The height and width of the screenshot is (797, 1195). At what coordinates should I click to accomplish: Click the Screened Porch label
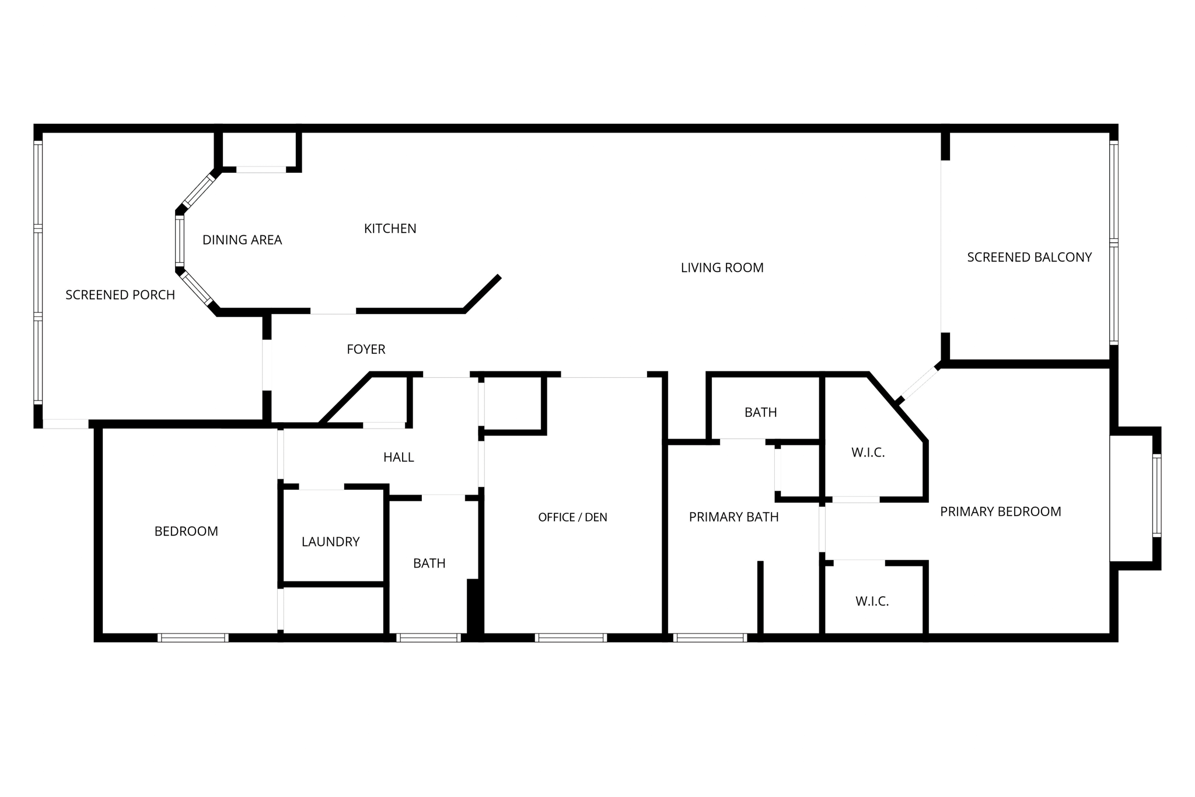(x=120, y=295)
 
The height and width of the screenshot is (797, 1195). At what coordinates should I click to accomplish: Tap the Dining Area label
(x=242, y=240)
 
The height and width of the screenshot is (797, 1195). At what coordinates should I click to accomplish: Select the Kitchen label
(x=390, y=229)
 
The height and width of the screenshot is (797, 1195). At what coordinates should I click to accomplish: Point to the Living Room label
(x=722, y=267)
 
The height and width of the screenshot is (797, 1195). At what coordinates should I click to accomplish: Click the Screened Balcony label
(x=1029, y=257)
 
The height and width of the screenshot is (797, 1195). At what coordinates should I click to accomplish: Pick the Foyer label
(x=366, y=349)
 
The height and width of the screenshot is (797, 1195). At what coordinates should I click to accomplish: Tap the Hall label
(x=399, y=457)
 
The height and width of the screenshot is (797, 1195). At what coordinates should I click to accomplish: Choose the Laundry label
(x=330, y=542)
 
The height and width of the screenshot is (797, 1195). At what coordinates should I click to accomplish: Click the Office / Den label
(x=572, y=517)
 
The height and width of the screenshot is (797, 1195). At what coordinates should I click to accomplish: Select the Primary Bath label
(x=733, y=517)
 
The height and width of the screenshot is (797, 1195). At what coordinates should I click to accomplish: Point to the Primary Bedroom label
(x=1000, y=511)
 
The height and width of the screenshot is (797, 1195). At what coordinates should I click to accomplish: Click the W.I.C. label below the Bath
(x=868, y=453)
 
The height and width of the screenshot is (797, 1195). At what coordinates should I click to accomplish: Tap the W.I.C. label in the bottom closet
(x=872, y=601)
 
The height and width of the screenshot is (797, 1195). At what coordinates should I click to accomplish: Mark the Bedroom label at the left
(x=186, y=531)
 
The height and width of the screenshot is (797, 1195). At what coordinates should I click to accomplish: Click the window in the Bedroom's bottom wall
(x=193, y=638)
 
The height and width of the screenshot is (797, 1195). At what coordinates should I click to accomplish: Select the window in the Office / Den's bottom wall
(x=571, y=638)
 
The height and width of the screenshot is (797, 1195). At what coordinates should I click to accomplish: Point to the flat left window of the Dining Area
(x=180, y=241)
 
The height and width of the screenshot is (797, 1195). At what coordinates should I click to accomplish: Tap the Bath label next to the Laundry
(x=429, y=563)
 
